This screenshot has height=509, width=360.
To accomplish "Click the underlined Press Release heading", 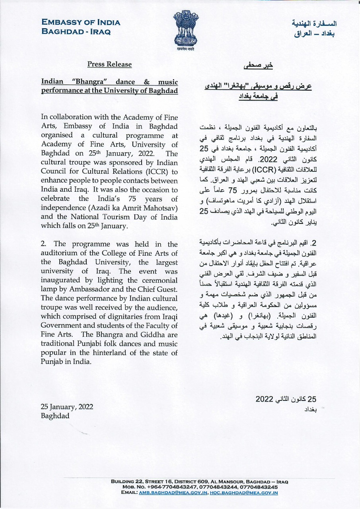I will point(109,64).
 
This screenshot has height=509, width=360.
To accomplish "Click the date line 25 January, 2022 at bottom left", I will point(67,406).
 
